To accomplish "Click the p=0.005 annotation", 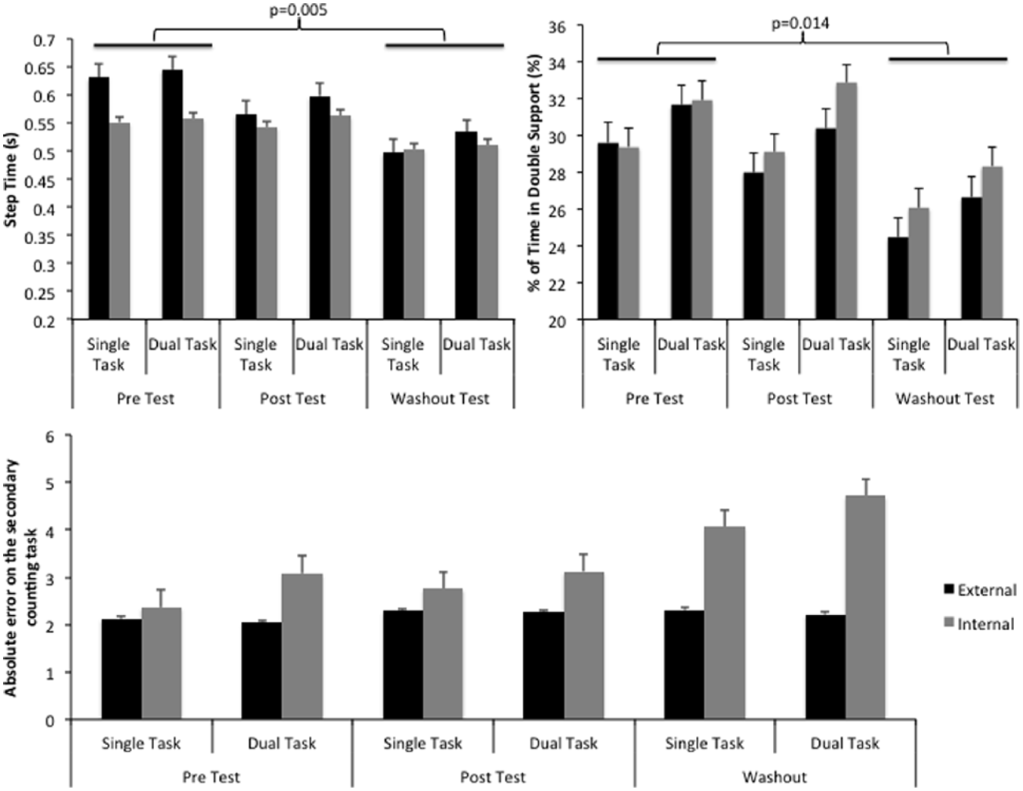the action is (x=297, y=10).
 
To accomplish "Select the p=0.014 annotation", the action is (x=800, y=23).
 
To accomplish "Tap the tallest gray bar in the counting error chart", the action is (x=865, y=608).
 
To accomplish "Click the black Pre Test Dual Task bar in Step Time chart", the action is (x=172, y=195).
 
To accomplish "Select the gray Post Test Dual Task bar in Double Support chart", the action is (x=846, y=201).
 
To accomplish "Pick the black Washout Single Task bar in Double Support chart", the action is (x=898, y=278).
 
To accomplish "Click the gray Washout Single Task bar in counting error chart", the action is (x=724, y=623).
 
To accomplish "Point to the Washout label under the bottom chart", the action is (x=774, y=776).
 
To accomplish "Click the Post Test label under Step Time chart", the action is (x=292, y=399).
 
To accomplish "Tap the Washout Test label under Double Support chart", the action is (x=945, y=399).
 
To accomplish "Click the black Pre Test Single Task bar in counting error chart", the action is (x=121, y=670).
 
